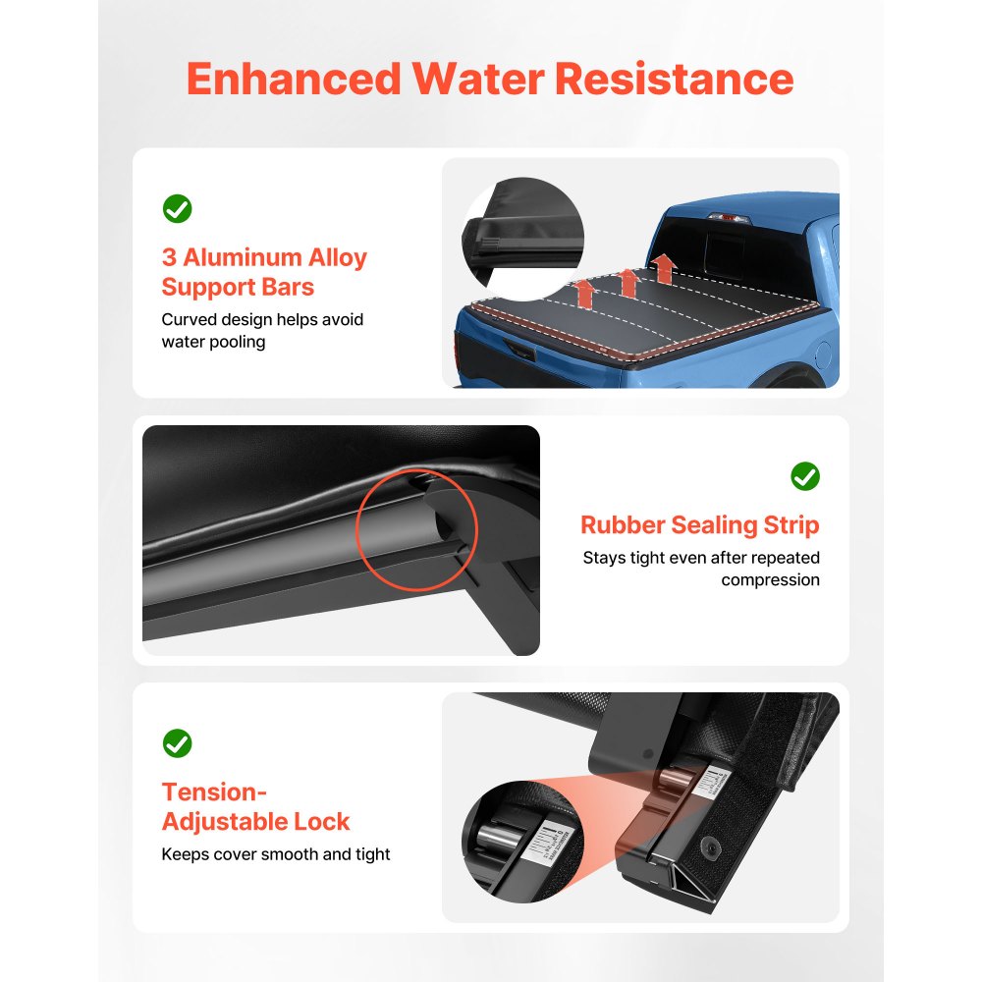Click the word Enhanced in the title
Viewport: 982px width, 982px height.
294,79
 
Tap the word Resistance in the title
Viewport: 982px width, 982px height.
674,79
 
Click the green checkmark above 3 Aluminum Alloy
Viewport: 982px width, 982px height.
177,208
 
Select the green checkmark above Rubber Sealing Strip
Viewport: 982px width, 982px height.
805,476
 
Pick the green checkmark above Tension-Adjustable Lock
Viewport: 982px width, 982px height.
177,743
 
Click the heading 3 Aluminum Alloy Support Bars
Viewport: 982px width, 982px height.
263,272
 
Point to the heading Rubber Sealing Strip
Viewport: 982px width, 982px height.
699,525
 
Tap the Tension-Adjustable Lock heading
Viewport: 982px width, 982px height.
255,806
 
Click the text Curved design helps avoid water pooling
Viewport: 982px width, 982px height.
262,331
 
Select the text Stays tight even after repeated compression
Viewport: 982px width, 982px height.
701,569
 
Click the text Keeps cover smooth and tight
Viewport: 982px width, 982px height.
275,854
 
